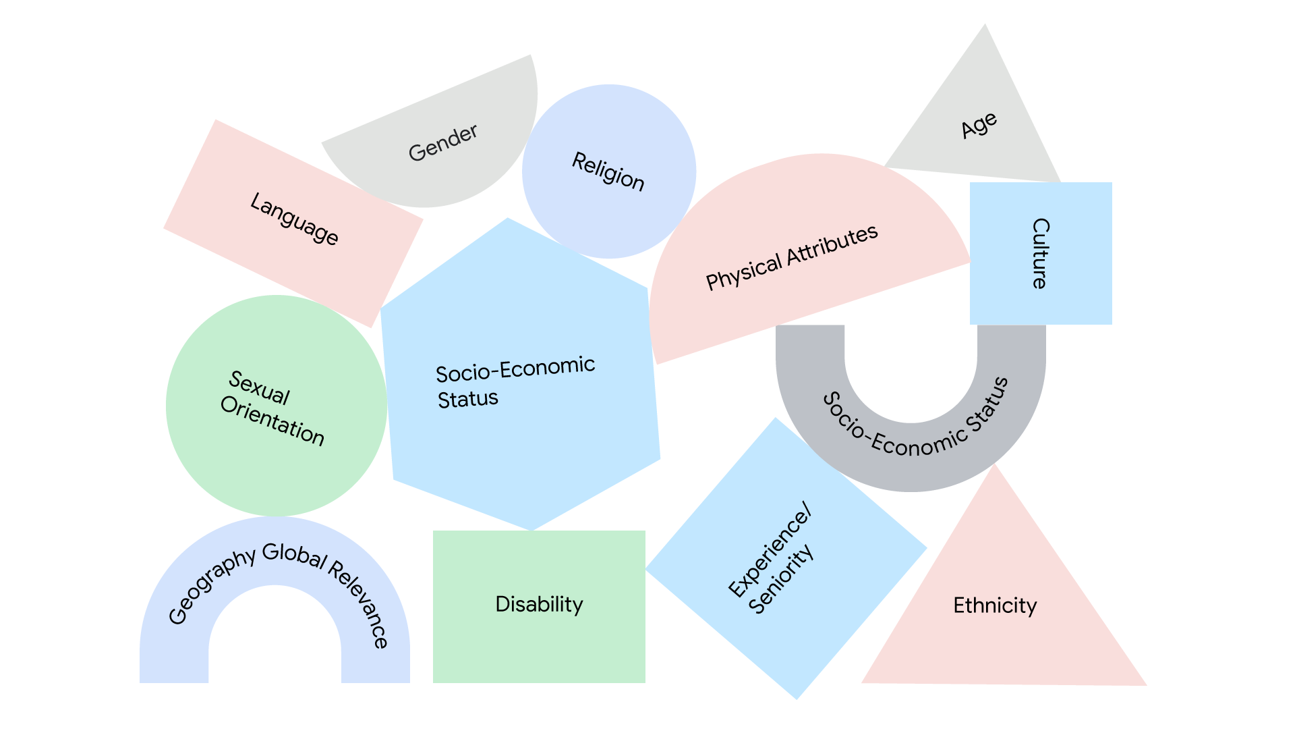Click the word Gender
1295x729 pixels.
tap(443, 142)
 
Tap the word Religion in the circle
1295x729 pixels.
tap(608, 171)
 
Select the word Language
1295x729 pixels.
tap(294, 219)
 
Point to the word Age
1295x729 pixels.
tap(979, 126)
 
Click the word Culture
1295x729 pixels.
tap(1041, 253)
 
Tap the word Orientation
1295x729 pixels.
tap(272, 421)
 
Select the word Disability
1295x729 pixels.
tap(539, 604)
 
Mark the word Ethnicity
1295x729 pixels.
tap(995, 605)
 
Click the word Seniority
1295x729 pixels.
tap(782, 579)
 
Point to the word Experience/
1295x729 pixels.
tap(770, 549)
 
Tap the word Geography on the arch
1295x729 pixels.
tap(210, 585)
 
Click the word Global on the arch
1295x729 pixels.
tap(293, 555)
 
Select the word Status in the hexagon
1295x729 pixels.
tap(467, 399)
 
